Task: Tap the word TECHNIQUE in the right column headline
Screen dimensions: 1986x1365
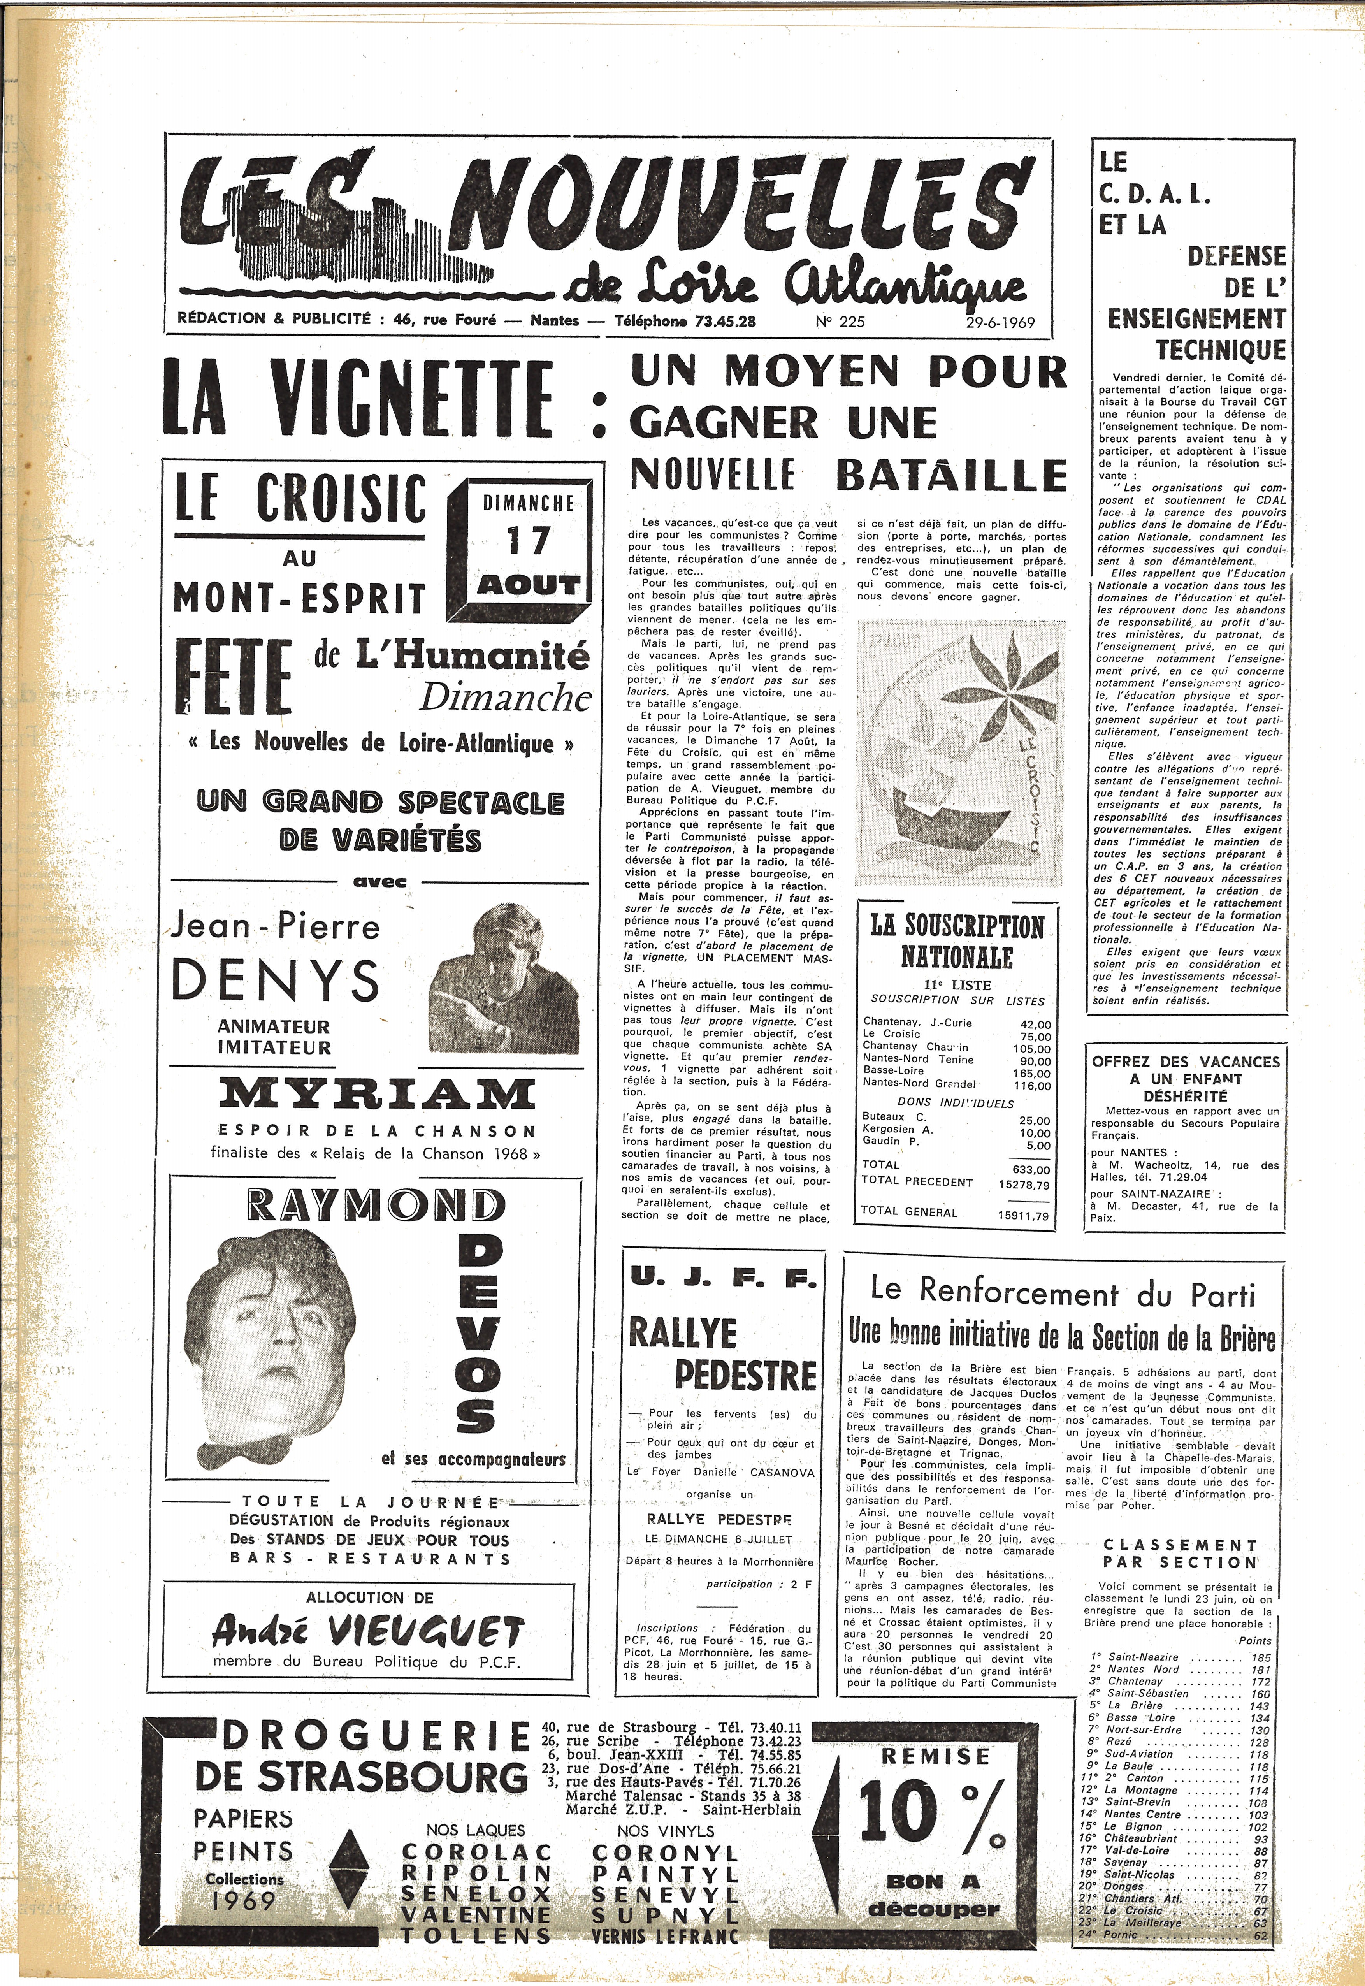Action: point(1219,349)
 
